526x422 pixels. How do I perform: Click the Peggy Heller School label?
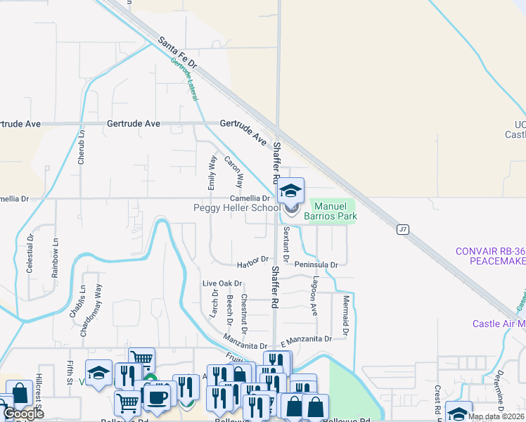tap(237, 208)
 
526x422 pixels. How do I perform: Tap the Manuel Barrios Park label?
tap(331, 211)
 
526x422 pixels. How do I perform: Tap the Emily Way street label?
tap(211, 173)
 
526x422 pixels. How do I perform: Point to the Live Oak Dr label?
tap(222, 283)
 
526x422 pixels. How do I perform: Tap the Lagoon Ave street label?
tap(314, 299)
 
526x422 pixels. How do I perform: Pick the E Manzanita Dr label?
tap(305, 340)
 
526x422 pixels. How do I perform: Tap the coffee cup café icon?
tap(156, 397)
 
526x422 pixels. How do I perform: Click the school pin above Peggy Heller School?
tap(290, 191)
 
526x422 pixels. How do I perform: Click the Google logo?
tap(23, 414)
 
